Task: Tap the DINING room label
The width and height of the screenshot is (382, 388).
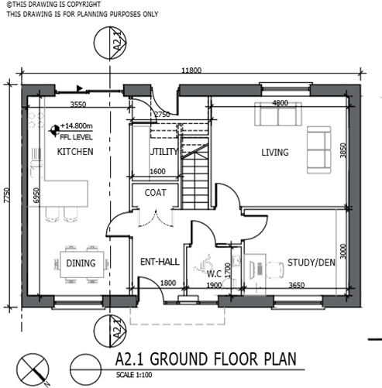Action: pos(81,264)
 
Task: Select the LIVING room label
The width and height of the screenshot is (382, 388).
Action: pos(274,153)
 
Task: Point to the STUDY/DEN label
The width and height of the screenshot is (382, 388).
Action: pos(311,263)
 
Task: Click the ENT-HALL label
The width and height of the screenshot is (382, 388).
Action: pos(159,263)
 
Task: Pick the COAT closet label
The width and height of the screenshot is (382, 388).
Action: pos(155,193)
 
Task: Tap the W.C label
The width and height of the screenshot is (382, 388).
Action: pos(214,273)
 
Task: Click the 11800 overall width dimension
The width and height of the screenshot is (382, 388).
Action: pos(191,71)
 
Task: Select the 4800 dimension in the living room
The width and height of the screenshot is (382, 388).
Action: pos(279,104)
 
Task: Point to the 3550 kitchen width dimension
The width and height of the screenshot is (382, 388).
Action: pos(77,104)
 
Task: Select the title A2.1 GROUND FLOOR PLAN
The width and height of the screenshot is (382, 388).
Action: pos(205,359)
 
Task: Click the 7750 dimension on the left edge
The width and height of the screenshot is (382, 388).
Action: pos(7,194)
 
